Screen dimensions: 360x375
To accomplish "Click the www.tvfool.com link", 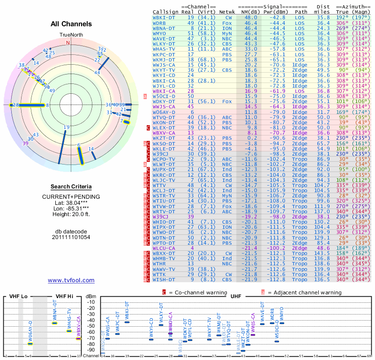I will pos(71,280).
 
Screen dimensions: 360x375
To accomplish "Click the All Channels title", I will pos(71,24).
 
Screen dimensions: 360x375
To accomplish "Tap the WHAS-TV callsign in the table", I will pos(164,48).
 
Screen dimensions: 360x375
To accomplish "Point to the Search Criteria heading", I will pos(71,187).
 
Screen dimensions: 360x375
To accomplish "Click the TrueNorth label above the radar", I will pos(71,35).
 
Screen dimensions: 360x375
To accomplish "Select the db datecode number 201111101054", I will pos(71,237).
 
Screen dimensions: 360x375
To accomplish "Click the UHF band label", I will pos(236,296).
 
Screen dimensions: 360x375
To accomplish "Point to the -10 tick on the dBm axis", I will pos(91,302).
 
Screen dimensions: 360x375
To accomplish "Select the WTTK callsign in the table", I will pos(160,274).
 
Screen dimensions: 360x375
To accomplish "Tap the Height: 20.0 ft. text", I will pos(71,215).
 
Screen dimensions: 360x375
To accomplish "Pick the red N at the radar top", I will pos(68,42).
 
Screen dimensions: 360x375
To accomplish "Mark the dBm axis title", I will pos(91,297).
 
